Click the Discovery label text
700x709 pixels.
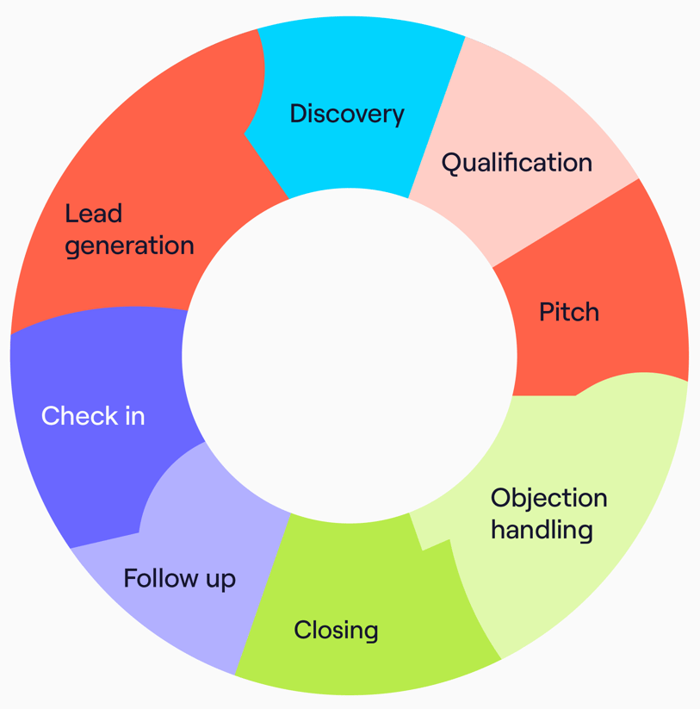(x=346, y=114)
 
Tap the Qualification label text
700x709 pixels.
(x=517, y=163)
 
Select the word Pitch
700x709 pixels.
(x=568, y=312)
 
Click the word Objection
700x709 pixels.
(x=548, y=498)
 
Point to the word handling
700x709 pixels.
(x=542, y=529)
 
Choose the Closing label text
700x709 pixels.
(x=336, y=631)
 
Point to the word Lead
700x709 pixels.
(x=93, y=213)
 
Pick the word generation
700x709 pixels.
(x=129, y=246)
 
